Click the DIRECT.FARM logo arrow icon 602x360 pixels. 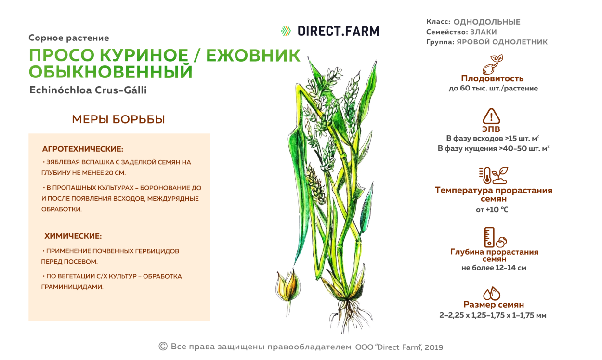(286, 31)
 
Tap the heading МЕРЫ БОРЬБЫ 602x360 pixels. (118, 119)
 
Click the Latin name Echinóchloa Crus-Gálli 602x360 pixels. (88, 90)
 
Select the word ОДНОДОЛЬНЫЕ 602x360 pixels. (487, 22)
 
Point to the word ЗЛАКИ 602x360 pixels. (484, 32)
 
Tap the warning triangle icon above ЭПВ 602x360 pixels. (491, 116)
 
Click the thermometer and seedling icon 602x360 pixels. (493, 176)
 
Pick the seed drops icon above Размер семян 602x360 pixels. (492, 293)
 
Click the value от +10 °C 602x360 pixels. (492, 210)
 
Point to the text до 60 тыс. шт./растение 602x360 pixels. (493, 89)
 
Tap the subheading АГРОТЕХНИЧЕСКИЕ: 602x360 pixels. (83, 149)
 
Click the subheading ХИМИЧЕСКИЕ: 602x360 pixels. (73, 236)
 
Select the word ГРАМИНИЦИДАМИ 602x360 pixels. (72, 287)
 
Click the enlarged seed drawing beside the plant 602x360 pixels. (288, 286)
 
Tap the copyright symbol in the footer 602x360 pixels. (163, 346)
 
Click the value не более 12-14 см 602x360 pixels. (494, 268)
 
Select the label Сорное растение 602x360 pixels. (69, 38)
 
